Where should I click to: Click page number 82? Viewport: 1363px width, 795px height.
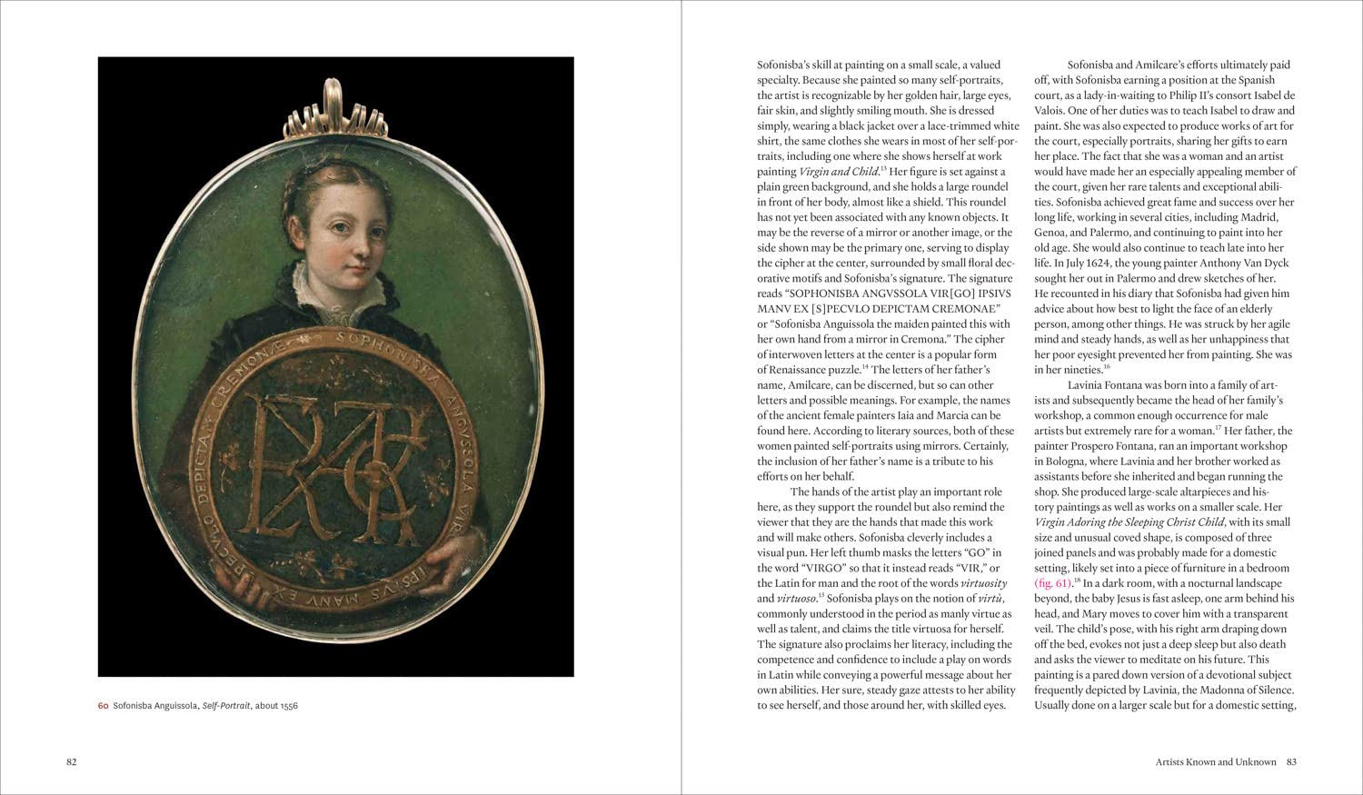coord(71,762)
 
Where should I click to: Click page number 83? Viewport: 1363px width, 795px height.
coord(1290,762)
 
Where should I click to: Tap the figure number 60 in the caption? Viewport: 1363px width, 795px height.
coord(104,706)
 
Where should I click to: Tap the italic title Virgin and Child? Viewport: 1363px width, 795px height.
coord(838,172)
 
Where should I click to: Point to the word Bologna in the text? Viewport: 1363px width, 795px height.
coord(1056,462)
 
